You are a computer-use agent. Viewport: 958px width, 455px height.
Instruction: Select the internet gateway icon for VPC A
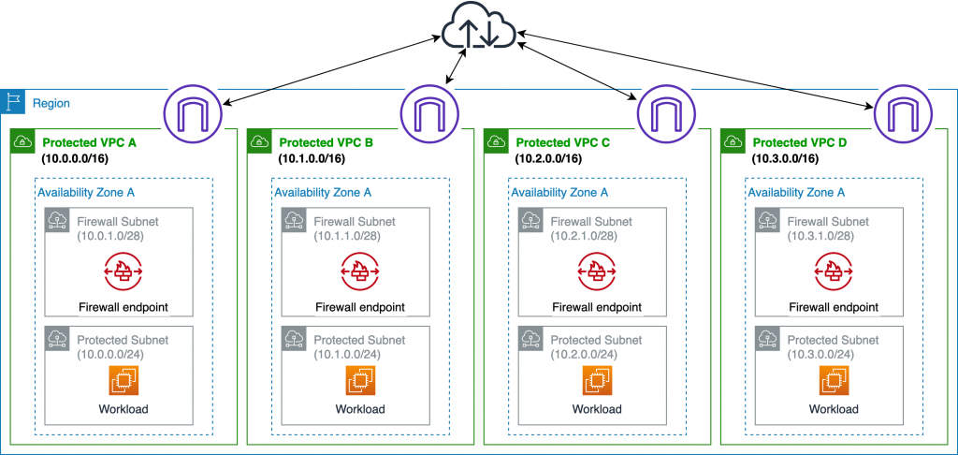coord(192,113)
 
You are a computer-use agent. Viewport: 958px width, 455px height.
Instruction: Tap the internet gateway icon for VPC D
coord(904,113)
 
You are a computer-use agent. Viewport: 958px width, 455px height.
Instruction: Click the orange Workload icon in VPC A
coord(123,380)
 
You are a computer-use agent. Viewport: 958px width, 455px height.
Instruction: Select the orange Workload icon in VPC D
coord(835,380)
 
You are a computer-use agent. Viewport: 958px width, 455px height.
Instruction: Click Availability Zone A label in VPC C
coord(559,192)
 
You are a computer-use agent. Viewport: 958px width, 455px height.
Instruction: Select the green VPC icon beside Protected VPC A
coord(22,142)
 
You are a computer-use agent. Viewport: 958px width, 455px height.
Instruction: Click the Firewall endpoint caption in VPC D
coord(835,307)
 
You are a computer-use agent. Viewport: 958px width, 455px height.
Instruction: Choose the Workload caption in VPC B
coord(360,409)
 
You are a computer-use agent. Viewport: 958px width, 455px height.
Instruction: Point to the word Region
coord(51,103)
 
